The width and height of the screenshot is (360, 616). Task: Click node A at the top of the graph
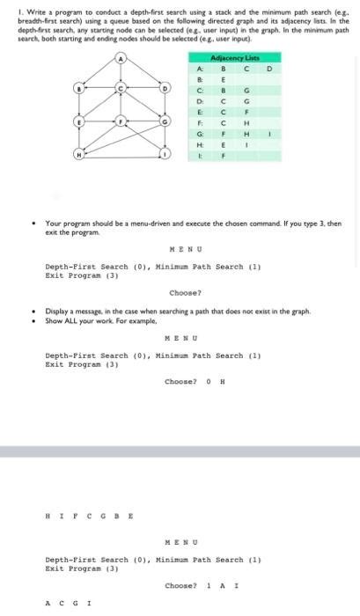click(x=122, y=59)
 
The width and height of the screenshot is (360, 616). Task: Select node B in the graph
click(x=80, y=89)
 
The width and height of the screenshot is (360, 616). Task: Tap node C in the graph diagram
click(x=122, y=89)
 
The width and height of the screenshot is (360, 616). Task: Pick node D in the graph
click(x=164, y=89)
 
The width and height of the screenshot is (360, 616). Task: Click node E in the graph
click(x=80, y=122)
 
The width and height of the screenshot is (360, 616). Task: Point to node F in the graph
click(x=122, y=122)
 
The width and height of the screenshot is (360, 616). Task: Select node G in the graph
click(x=164, y=122)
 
